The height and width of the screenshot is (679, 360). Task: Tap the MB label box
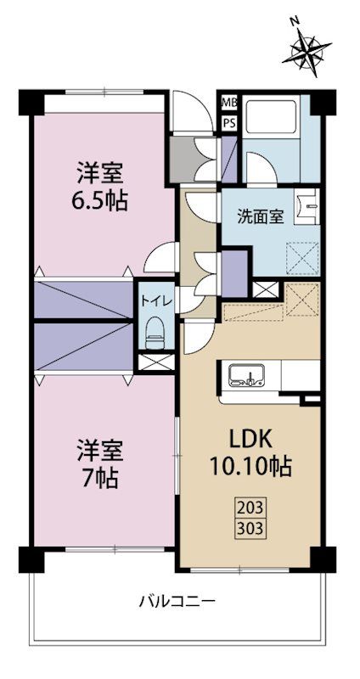coord(228,104)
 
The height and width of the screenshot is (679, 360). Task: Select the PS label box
coord(228,122)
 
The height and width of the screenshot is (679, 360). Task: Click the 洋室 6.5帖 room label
coord(100,188)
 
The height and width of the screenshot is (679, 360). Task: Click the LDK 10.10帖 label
coord(250,453)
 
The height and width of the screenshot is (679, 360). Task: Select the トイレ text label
coord(155,300)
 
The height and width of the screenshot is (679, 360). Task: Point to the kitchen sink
coord(247,374)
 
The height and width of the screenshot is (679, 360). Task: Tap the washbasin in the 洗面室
coord(307,208)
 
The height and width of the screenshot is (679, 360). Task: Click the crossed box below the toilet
coord(155,363)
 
